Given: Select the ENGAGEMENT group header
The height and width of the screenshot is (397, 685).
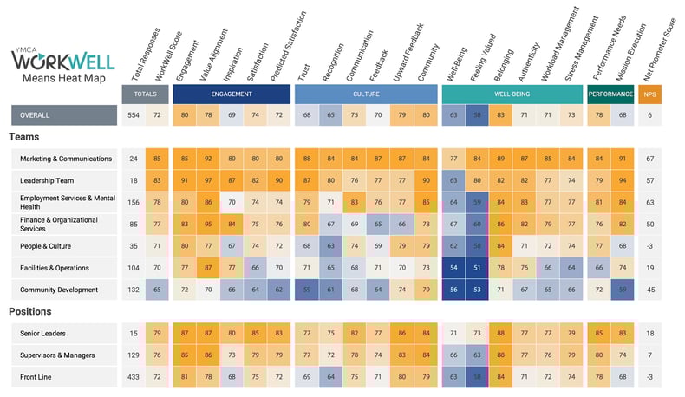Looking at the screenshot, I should [x=232, y=94].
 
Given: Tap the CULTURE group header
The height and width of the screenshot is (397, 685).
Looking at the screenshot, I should [x=365, y=94].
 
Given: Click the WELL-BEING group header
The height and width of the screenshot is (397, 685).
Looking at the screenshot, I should [x=510, y=94].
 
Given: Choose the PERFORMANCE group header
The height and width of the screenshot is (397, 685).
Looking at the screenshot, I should [x=610, y=94].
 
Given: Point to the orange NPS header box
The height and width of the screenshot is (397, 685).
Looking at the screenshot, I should [x=650, y=94].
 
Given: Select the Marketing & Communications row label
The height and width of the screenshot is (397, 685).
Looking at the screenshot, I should [x=66, y=159].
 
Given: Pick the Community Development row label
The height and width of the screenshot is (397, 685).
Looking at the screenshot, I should [x=59, y=290].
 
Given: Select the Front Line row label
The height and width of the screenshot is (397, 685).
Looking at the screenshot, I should [x=38, y=377].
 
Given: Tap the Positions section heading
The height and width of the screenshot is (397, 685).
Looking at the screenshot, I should [x=31, y=311].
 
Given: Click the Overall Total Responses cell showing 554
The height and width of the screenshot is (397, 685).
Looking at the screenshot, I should [x=133, y=115].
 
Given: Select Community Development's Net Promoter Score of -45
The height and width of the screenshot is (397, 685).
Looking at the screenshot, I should [x=650, y=290].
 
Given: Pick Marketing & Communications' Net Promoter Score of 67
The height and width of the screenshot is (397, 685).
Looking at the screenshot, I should [x=650, y=159].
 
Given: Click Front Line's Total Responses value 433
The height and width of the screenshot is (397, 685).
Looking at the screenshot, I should [x=133, y=377].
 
